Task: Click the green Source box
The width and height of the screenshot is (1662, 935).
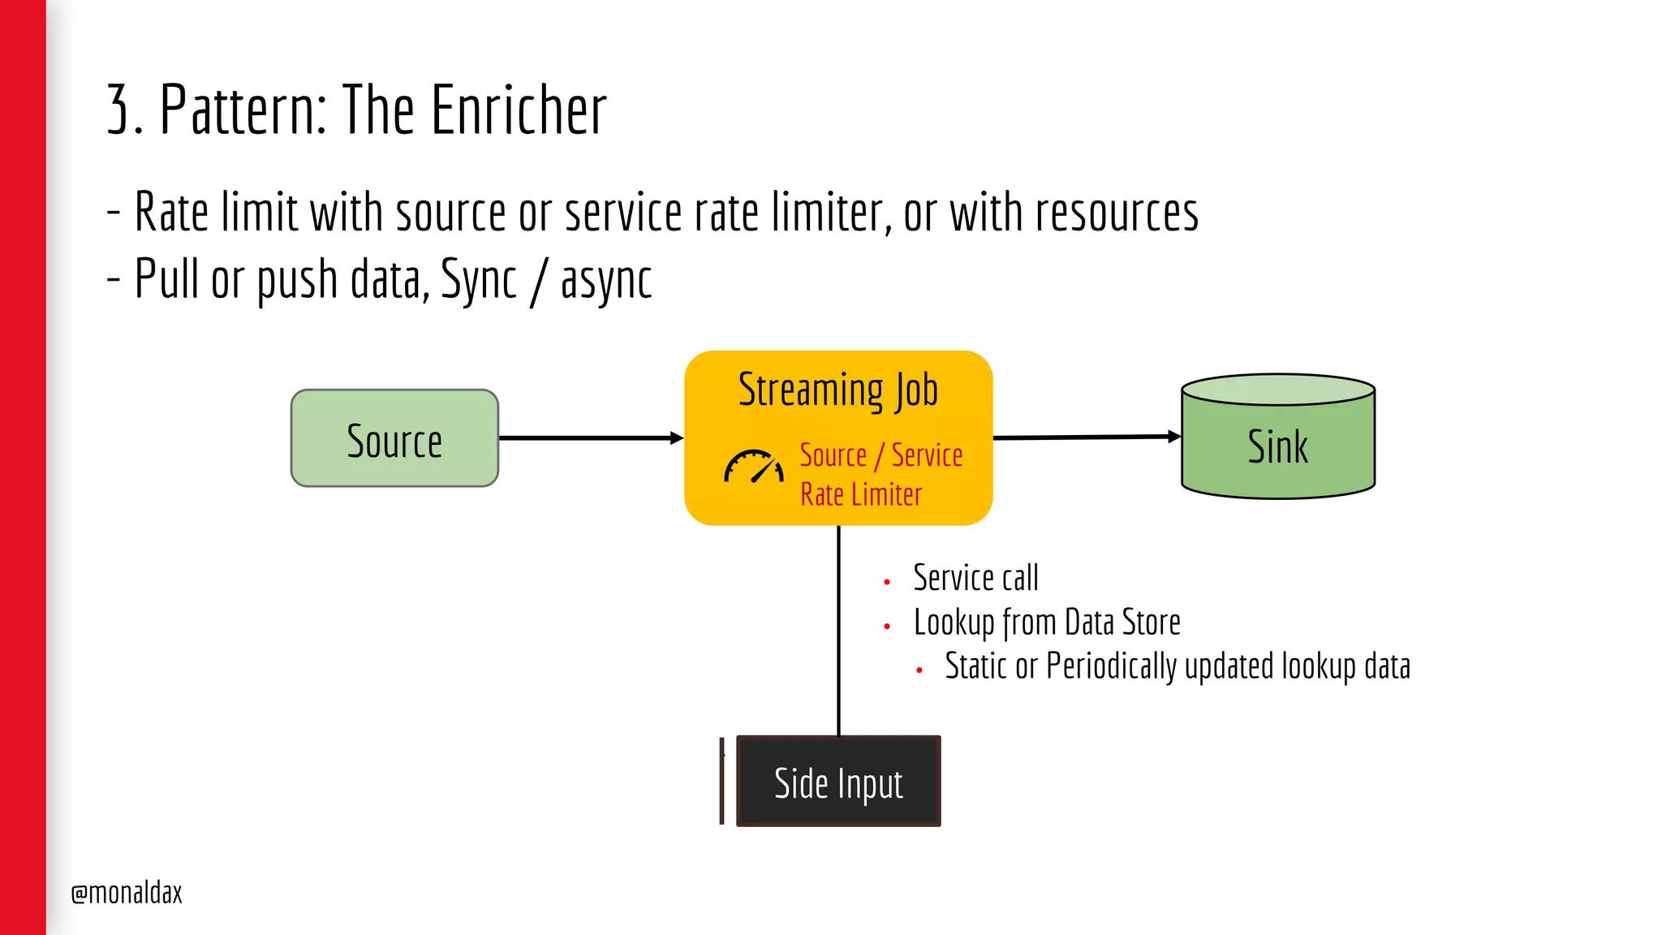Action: tap(394, 438)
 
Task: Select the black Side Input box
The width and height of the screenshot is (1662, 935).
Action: tap(838, 782)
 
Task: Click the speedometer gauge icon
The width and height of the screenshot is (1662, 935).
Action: tap(754, 467)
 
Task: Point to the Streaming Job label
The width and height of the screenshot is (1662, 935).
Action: tap(838, 390)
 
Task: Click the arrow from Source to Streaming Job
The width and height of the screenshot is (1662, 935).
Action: tap(591, 438)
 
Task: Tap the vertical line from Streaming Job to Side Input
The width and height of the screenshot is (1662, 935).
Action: tap(838, 629)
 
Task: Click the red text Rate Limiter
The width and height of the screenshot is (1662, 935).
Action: tap(861, 495)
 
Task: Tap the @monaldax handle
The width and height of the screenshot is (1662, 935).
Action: tap(127, 893)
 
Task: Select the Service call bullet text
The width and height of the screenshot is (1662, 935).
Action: tap(975, 578)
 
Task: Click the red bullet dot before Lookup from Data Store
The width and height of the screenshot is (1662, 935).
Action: tap(887, 627)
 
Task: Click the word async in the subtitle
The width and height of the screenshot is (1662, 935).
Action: tap(605, 280)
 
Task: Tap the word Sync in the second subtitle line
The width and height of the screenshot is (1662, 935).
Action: tap(478, 280)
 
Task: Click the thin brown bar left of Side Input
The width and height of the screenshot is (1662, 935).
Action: tap(721, 781)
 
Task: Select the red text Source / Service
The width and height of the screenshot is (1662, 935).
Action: tap(881, 455)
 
